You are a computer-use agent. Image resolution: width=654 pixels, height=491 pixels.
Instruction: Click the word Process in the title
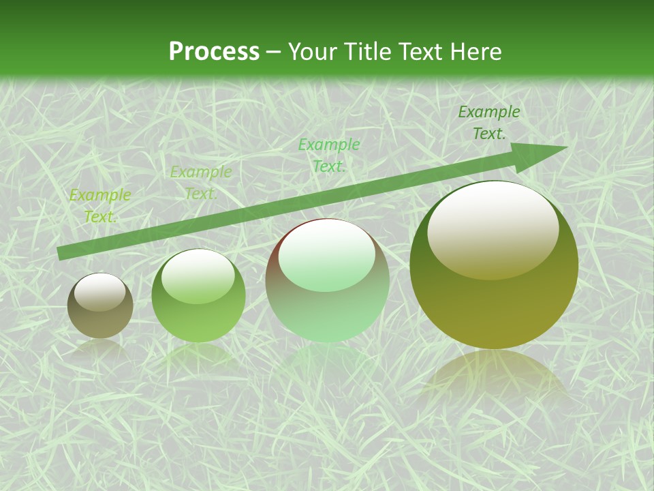coord(214,52)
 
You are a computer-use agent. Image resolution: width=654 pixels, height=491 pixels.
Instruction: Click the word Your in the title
coord(313,52)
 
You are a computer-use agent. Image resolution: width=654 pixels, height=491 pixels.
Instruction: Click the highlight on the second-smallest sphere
coord(198,276)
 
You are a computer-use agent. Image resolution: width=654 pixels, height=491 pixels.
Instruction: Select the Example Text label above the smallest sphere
coord(100,206)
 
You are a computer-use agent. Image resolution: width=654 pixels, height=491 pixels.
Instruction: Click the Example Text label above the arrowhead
coord(489,123)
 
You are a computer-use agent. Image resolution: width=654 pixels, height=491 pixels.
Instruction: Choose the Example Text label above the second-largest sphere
coord(329,155)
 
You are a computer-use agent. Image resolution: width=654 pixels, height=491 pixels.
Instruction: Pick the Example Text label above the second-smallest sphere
coord(201,183)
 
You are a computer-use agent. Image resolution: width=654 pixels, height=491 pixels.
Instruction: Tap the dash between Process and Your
coord(274,52)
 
